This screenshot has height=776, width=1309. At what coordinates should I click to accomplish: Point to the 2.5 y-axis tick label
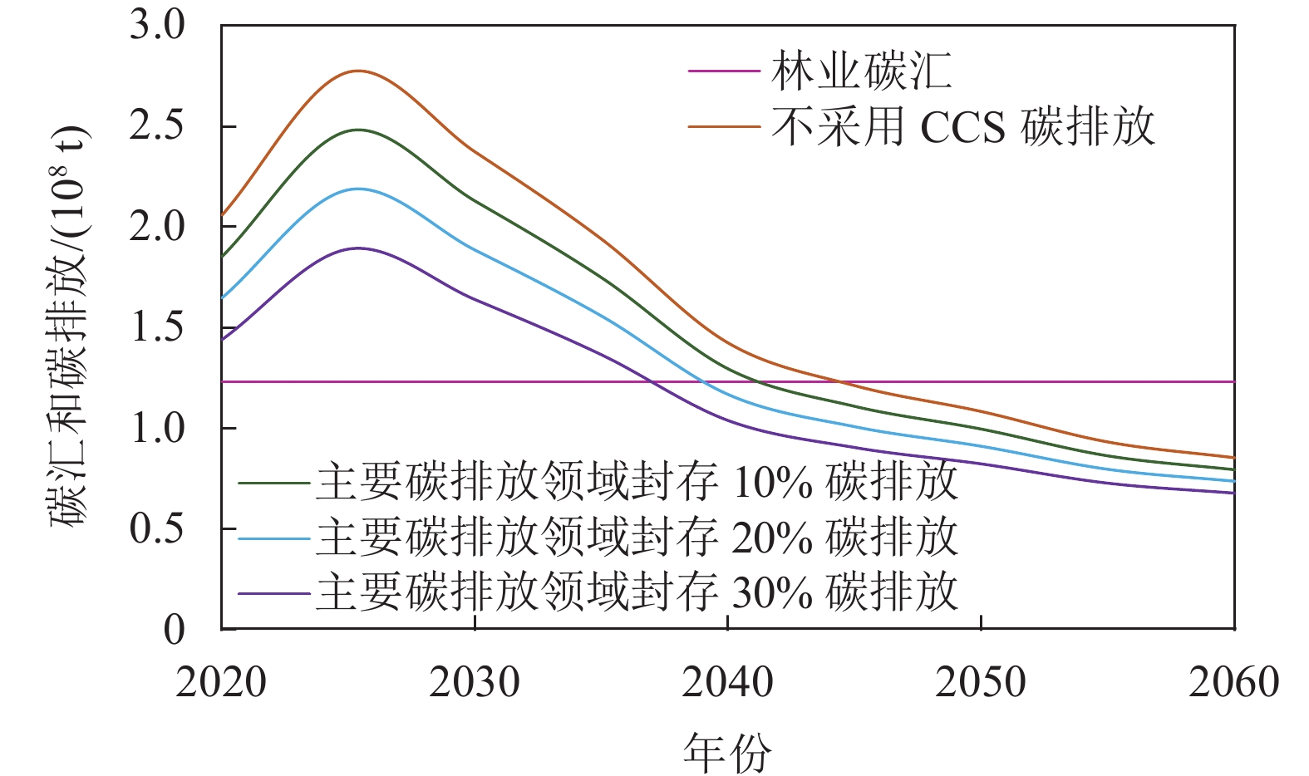[157, 126]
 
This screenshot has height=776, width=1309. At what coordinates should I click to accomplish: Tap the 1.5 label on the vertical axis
[157, 327]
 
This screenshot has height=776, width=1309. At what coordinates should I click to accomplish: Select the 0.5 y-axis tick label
[157, 528]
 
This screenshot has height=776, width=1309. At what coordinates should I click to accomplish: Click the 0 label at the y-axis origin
[174, 629]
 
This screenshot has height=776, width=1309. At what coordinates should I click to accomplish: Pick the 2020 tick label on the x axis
[221, 683]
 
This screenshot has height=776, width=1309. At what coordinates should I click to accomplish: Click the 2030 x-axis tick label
[475, 683]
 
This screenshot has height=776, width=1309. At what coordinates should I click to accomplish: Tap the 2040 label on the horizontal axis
[728, 683]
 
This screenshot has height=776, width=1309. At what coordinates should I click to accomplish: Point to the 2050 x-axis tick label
[981, 683]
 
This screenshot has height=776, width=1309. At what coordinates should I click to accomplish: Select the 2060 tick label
[1233, 683]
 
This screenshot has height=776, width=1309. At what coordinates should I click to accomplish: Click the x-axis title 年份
[727, 753]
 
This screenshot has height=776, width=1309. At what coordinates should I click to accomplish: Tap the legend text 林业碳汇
[861, 71]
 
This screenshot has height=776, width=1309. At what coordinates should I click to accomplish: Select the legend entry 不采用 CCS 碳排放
[962, 127]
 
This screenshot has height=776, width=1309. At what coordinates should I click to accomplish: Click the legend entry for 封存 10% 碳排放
[637, 482]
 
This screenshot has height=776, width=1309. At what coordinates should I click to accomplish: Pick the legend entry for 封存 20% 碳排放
[637, 538]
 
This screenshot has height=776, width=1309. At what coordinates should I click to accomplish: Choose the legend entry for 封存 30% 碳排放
[637, 592]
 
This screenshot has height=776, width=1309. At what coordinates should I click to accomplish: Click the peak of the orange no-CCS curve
[359, 71]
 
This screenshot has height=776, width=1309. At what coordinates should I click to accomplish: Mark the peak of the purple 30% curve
[359, 248]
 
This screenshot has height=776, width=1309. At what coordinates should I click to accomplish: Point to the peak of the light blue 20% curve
[359, 189]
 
